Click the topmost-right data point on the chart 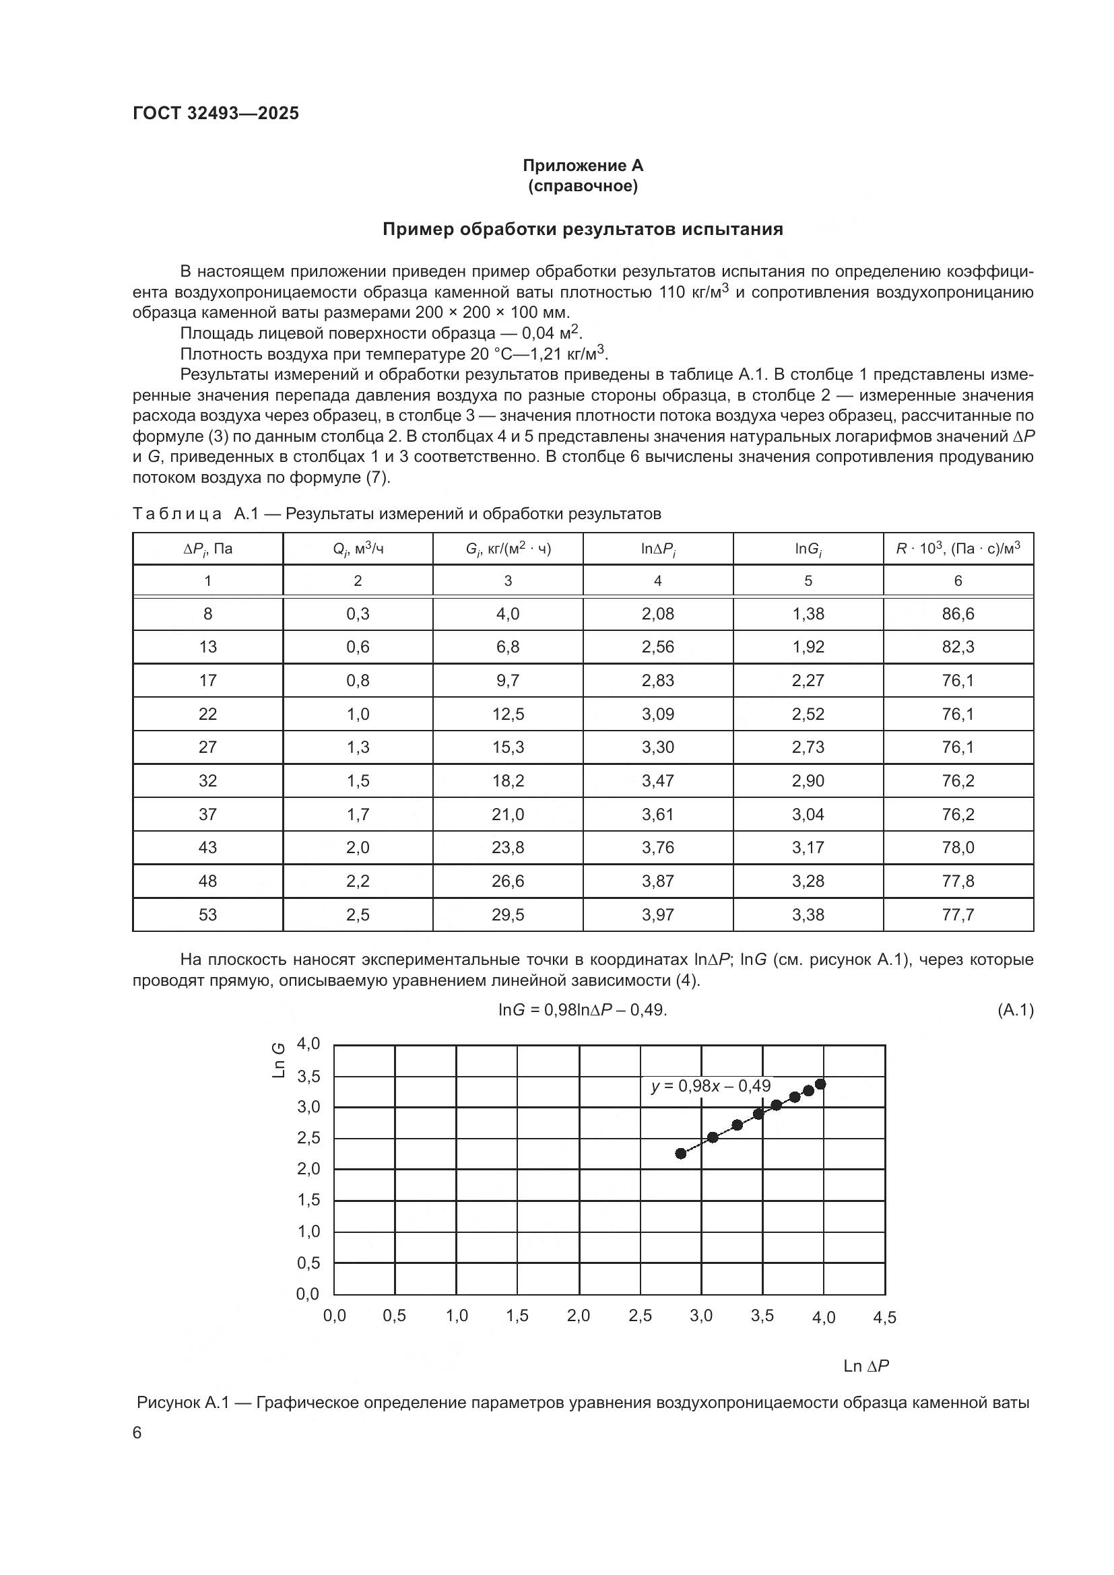tap(820, 1084)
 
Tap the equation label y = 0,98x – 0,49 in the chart tap(711, 1086)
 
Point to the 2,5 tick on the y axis tap(308, 1138)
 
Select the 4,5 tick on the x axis tap(884, 1318)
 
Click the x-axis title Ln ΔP tap(865, 1366)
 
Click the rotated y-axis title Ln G tap(279, 1060)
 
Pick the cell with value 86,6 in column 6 tap(958, 614)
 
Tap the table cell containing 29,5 tap(508, 914)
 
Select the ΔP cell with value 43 tap(207, 847)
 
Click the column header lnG tap(808, 549)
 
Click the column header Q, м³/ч tap(358, 549)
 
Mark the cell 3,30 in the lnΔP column tap(658, 747)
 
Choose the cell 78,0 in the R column tap(958, 847)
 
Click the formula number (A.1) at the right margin tap(1014, 1010)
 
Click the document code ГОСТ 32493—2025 tap(216, 113)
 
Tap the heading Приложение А tap(583, 166)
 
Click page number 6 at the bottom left tap(137, 1433)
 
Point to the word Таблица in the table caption tap(176, 514)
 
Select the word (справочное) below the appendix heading tap(583, 186)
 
